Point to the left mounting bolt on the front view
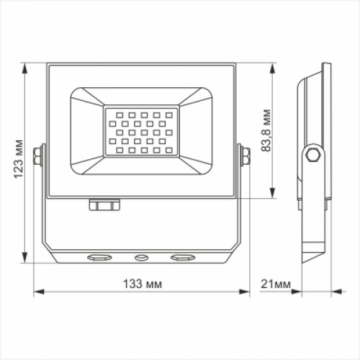[x=39, y=156]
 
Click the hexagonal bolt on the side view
[x=312, y=154]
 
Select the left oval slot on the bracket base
[x=100, y=257]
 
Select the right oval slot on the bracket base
[x=182, y=257]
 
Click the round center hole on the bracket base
[x=141, y=257]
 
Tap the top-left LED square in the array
[x=112, y=114]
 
